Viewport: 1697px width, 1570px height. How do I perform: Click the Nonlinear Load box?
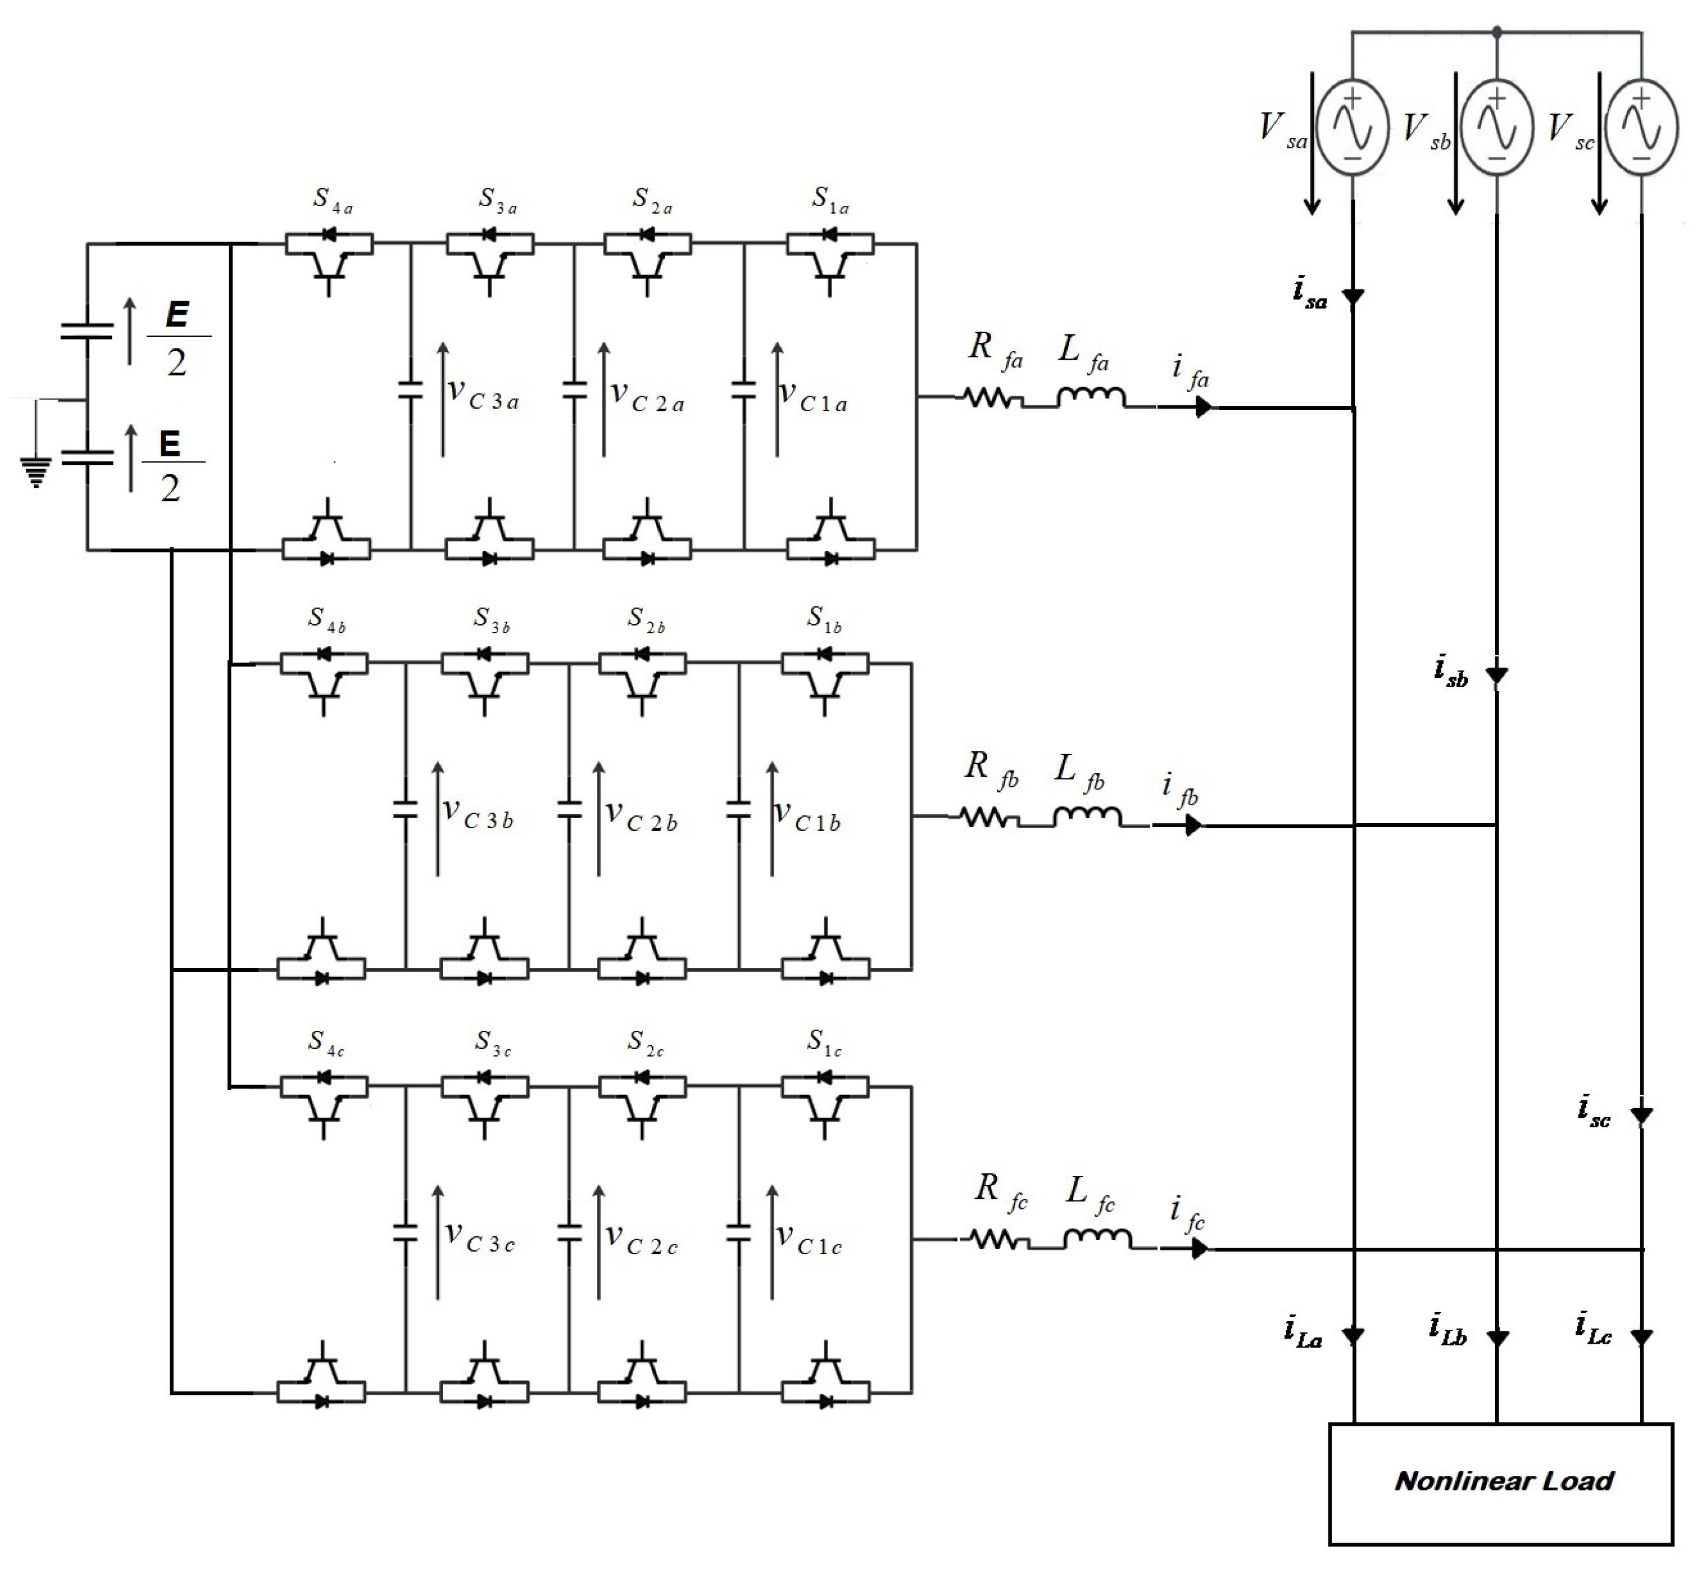pos(1500,1482)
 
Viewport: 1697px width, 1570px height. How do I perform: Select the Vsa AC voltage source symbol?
pos(1352,127)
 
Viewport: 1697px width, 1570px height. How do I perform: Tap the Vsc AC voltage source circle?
pos(1641,127)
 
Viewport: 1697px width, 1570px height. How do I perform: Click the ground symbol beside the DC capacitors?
pos(36,472)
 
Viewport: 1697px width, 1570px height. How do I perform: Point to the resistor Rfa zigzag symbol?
pos(990,398)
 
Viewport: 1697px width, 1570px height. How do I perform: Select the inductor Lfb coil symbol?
pos(1087,816)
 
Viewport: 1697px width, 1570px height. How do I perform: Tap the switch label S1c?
pos(824,1042)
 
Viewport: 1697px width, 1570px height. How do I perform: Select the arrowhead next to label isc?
pos(1641,1115)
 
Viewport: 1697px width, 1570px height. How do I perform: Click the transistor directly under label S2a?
pos(647,259)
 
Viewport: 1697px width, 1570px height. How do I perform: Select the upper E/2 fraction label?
pos(177,338)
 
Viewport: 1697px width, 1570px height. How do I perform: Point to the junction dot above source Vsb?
pos(1497,32)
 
